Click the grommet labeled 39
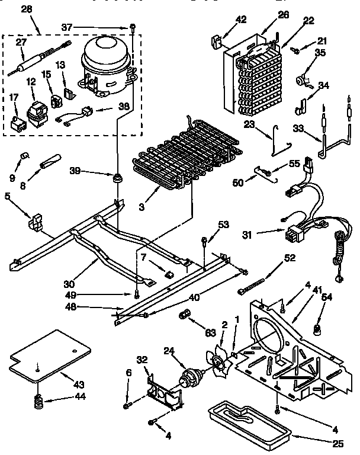tap(118, 177)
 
